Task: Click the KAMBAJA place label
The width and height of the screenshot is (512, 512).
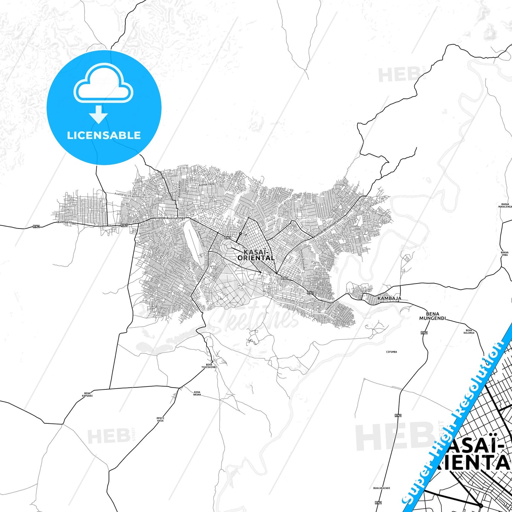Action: tap(389, 298)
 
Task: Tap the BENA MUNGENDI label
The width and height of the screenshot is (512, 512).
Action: tap(429, 316)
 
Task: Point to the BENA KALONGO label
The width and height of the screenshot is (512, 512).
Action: tap(469, 331)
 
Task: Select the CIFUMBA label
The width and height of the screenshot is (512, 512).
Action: tap(391, 352)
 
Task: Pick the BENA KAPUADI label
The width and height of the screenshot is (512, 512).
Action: tap(87, 394)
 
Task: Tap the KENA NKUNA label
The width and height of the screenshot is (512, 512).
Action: tap(197, 393)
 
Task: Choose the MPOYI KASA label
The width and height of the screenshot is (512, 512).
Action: tap(160, 419)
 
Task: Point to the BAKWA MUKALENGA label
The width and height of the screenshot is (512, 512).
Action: tap(505, 206)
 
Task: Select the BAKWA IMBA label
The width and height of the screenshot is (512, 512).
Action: tap(505, 254)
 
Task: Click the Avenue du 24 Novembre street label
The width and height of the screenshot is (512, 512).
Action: tap(130, 195)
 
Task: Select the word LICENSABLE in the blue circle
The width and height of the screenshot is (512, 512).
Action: tap(104, 135)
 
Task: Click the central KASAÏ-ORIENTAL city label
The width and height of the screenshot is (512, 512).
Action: tap(256, 255)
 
